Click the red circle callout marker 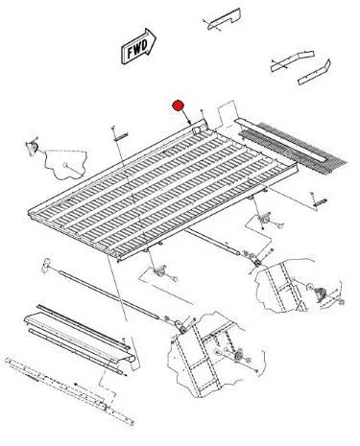click(x=178, y=106)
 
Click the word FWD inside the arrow click(x=137, y=48)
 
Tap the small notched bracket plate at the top click(x=225, y=19)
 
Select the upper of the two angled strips click(x=293, y=60)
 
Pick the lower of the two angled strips click(x=314, y=73)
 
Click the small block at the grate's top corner click(x=197, y=129)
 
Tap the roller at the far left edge click(x=32, y=147)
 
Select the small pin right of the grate click(x=321, y=202)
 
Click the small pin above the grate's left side click(x=121, y=136)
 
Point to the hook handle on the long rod click(x=46, y=266)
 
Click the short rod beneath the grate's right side click(x=212, y=242)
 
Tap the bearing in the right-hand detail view click(x=318, y=293)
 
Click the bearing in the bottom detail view click(x=238, y=357)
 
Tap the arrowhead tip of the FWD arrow click(x=156, y=38)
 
